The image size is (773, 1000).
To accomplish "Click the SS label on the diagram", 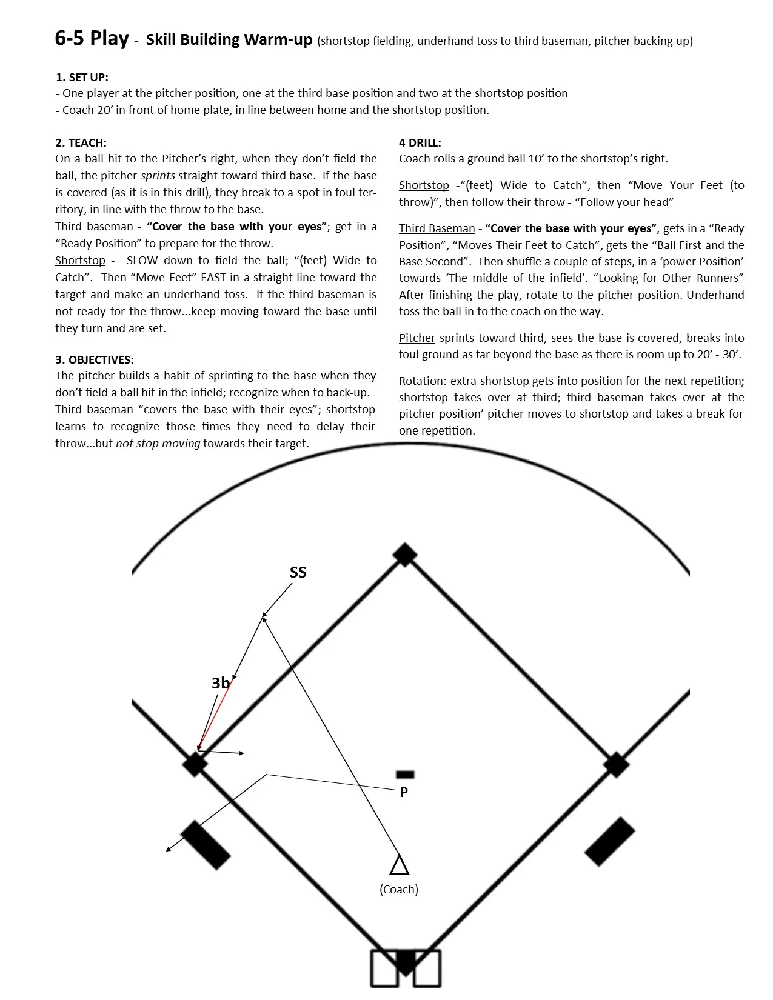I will point(298,572).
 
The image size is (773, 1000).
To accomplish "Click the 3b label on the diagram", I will point(220,683).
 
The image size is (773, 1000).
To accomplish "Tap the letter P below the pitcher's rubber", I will point(404,792).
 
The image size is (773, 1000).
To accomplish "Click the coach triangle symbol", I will point(399,866).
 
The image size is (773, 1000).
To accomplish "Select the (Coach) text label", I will point(399,889).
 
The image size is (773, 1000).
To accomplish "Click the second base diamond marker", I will point(404,555).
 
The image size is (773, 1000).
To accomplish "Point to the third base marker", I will point(195,764).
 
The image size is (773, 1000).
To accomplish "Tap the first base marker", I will point(616,765).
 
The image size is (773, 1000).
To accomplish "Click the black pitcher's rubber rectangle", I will point(405,774).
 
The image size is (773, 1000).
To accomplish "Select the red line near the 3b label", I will point(215,715).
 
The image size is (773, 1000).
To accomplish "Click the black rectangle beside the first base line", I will point(609,841).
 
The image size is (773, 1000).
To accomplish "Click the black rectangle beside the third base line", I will point(206,845).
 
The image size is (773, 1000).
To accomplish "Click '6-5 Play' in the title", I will point(92,39).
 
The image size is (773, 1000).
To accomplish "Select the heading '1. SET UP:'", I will point(82,77).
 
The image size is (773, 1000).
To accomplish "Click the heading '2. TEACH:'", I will point(81,142).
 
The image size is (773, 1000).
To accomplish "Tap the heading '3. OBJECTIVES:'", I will point(95,359).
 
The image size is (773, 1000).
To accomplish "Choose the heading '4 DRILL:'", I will point(420,142).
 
